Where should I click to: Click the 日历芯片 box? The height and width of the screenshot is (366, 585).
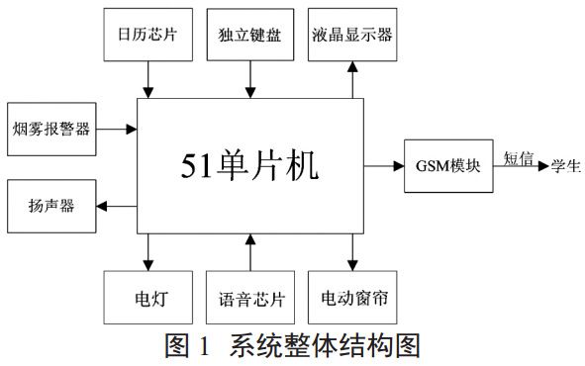click(x=146, y=35)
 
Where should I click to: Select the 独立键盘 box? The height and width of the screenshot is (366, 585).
click(x=249, y=35)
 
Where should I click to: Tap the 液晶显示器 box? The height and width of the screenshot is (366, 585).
click(x=350, y=35)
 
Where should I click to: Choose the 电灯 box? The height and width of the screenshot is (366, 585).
click(x=146, y=296)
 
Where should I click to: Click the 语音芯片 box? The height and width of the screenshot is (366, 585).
click(x=249, y=296)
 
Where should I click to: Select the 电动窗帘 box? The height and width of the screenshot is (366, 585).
click(x=350, y=296)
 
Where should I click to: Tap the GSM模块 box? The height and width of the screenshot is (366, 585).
click(x=448, y=165)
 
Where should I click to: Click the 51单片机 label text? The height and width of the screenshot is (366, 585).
click(x=249, y=165)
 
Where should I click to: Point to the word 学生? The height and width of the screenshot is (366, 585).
click(x=567, y=163)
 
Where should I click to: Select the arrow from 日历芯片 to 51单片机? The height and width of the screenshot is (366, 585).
click(x=146, y=79)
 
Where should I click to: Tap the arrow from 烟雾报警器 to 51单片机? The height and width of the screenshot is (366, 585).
click(x=118, y=128)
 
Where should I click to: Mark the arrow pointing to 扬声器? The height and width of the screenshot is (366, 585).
click(x=118, y=206)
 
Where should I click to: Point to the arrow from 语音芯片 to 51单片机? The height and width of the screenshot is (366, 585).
click(x=249, y=250)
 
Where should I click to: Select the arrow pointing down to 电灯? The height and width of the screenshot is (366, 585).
click(x=146, y=250)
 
